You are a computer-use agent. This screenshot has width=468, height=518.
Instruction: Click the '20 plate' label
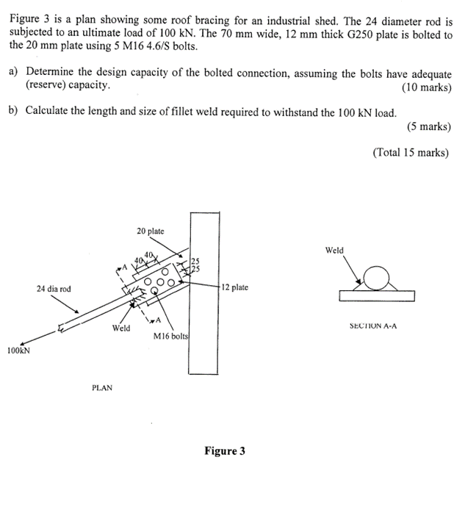[151, 231]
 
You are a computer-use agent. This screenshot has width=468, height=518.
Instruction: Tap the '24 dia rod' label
[54, 289]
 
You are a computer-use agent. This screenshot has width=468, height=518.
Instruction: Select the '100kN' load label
[18, 351]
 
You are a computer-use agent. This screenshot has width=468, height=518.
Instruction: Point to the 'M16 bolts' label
[171, 336]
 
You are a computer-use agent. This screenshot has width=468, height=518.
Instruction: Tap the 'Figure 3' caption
[225, 450]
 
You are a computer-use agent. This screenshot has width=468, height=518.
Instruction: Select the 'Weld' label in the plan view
[121, 328]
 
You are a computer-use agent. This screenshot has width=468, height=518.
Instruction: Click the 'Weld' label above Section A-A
[334, 251]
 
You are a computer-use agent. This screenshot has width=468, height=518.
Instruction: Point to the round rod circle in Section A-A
[378, 279]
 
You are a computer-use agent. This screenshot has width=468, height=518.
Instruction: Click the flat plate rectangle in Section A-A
[377, 295]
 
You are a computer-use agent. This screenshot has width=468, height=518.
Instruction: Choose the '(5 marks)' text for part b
[429, 126]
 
